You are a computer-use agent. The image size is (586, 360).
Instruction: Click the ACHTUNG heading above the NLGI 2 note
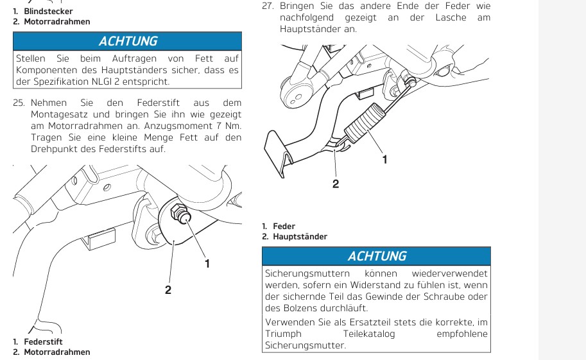tap(128, 41)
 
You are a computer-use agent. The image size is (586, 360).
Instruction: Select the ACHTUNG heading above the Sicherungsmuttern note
tap(377, 256)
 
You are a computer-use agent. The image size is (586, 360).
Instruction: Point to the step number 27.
tap(268, 6)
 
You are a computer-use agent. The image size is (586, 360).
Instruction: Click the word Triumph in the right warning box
tap(283, 334)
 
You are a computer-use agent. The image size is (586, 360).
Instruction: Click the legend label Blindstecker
tap(48, 11)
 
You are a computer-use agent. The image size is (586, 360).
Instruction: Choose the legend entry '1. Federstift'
tap(38, 341)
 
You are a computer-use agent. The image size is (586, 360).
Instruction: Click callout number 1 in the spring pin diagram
tap(207, 262)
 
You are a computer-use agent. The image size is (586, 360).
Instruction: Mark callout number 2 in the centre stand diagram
tap(335, 184)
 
